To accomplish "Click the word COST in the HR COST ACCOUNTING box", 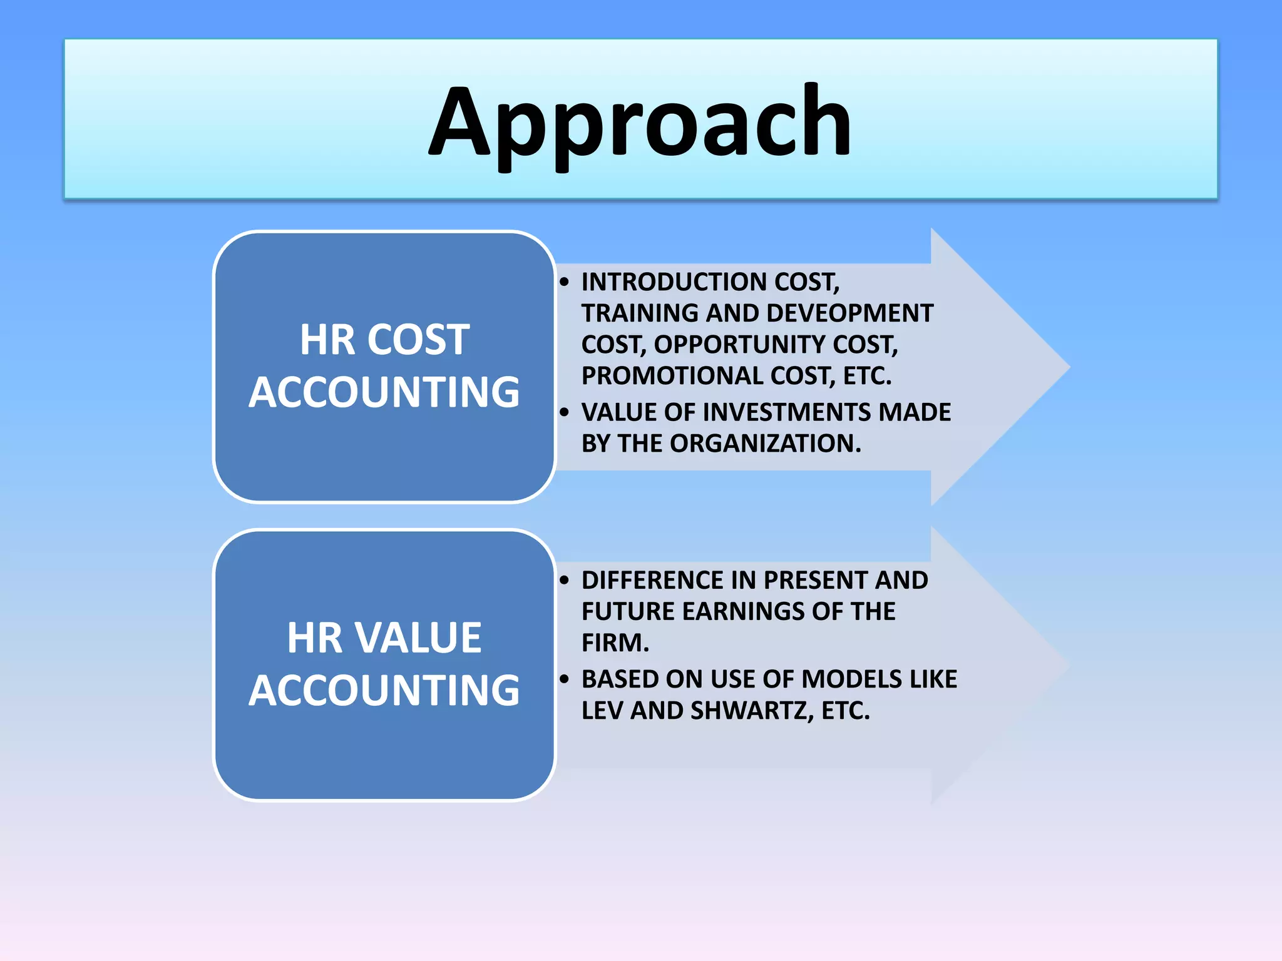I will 418,340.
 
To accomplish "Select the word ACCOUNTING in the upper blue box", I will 384,392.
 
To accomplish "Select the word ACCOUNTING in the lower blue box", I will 384,690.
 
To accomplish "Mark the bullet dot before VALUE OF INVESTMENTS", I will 565,412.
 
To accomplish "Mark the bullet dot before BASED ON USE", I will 565,679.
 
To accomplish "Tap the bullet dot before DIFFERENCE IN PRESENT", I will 565,580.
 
